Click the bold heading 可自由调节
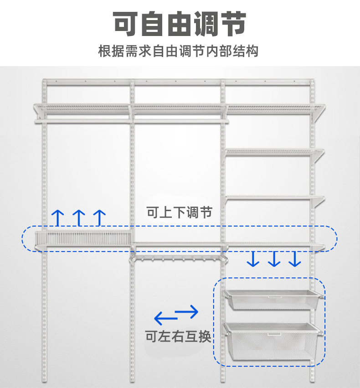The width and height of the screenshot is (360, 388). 180,24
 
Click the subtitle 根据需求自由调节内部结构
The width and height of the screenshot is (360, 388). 178,51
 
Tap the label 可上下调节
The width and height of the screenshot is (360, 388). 179,212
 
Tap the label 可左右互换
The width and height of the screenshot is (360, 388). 178,336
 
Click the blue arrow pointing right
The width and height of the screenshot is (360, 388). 187,312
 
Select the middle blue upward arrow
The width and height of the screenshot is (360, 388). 79,217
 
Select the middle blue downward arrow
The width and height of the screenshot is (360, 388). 274,259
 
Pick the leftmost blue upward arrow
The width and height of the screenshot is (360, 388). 57,217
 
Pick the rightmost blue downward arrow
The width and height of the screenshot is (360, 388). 295,259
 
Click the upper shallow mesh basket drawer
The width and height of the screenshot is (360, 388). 272,300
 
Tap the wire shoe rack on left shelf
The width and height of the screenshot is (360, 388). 82,238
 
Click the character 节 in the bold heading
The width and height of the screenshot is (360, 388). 233,24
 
